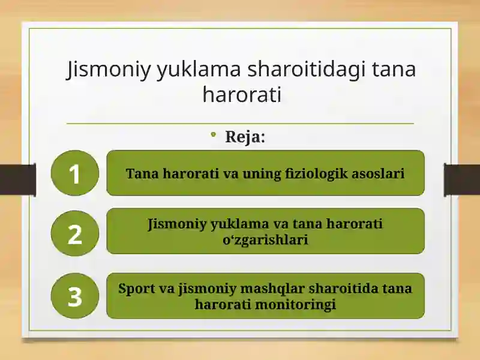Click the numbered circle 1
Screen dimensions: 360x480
(74, 173)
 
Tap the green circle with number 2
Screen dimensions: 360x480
(74, 233)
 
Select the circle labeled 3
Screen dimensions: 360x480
(74, 296)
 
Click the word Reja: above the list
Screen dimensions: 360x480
(245, 137)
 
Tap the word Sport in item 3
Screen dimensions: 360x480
(136, 289)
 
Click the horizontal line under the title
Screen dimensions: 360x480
(240, 124)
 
